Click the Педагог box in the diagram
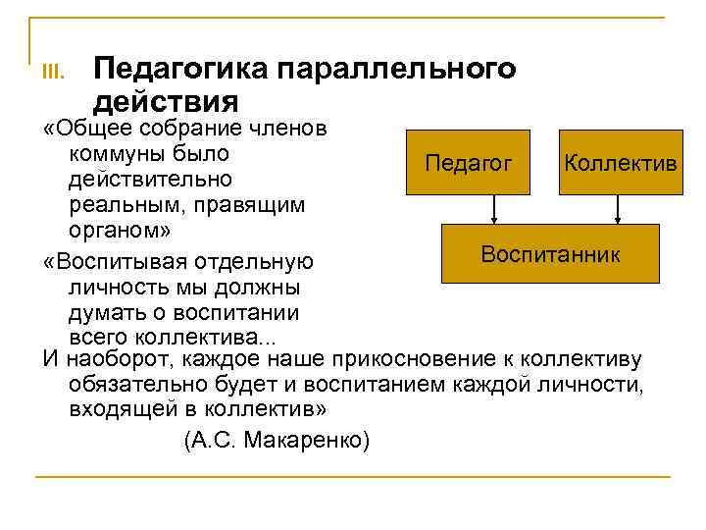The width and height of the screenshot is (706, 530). [469, 162]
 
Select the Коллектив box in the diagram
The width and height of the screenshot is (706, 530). [619, 162]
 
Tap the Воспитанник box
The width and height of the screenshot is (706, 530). [549, 254]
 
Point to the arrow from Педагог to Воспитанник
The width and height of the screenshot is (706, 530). [494, 208]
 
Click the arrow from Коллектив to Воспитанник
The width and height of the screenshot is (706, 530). [617, 208]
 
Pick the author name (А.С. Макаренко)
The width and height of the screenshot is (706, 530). [277, 439]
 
